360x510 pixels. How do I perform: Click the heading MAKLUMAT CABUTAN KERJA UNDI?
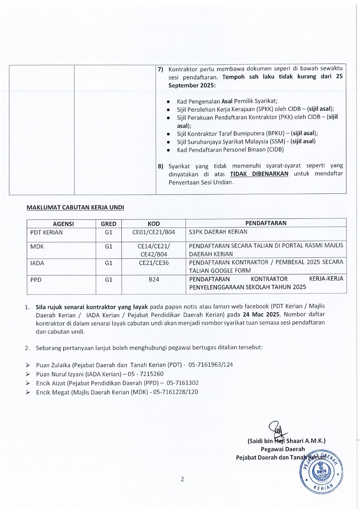point(75,207)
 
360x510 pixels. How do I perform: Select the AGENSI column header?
point(63,224)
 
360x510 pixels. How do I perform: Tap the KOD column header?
point(154,224)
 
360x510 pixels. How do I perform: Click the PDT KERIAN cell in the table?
point(46,232)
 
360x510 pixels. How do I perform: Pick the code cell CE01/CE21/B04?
point(154,232)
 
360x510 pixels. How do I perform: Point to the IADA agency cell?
point(37,263)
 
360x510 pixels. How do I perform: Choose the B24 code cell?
point(154,280)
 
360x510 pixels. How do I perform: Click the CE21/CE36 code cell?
point(154,263)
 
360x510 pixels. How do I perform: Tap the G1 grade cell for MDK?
point(109,246)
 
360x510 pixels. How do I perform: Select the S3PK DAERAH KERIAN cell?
point(218,232)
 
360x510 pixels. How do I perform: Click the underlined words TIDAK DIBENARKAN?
point(259,174)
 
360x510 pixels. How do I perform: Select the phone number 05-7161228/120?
point(176,392)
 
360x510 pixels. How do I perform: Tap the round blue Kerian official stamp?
point(321,472)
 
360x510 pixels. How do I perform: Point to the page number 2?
point(182,479)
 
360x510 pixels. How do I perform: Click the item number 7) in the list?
point(161,69)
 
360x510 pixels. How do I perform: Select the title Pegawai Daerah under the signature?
point(282,449)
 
